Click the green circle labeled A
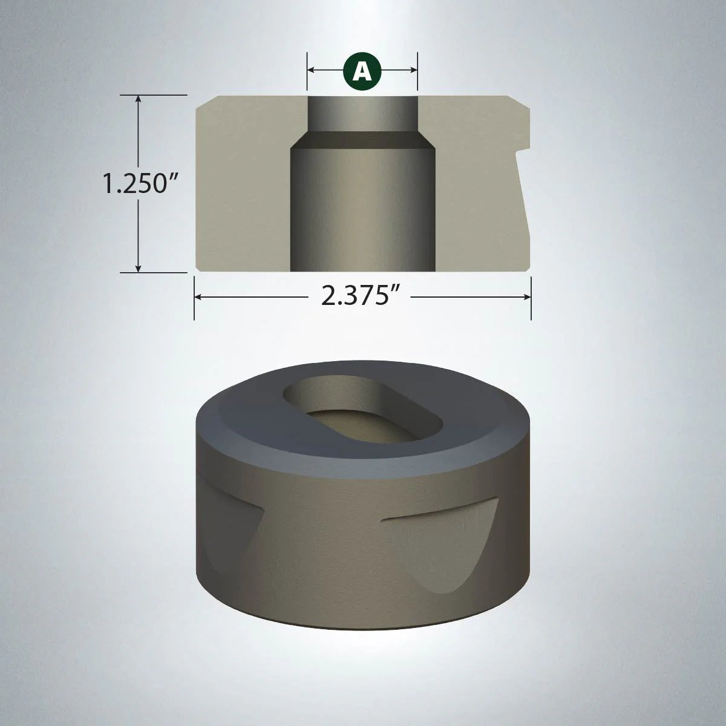[362, 71]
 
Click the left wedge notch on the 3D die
[233, 532]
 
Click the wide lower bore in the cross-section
[362, 212]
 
